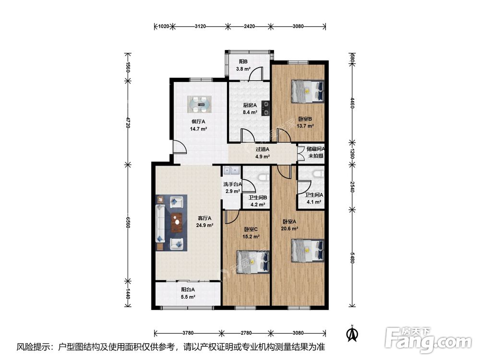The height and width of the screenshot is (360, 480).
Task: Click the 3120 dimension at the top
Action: [x=200, y=26]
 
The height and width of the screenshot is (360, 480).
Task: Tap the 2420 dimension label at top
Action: [x=249, y=26]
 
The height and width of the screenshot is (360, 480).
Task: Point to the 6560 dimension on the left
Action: [x=128, y=222]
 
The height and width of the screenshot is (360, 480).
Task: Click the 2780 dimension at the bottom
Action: [x=246, y=333]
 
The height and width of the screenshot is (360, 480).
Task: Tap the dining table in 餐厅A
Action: [x=199, y=104]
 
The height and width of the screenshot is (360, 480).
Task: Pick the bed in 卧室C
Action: [x=253, y=262]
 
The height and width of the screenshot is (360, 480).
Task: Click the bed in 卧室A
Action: [x=307, y=251]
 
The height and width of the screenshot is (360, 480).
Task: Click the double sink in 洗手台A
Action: [x=232, y=170]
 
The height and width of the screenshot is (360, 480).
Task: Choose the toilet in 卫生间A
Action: [x=318, y=174]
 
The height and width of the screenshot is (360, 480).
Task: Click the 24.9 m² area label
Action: [x=204, y=225]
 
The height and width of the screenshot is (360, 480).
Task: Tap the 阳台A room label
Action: [x=188, y=289]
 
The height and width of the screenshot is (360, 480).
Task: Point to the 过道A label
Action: [x=263, y=149]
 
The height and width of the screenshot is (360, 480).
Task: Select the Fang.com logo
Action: [x=429, y=340]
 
